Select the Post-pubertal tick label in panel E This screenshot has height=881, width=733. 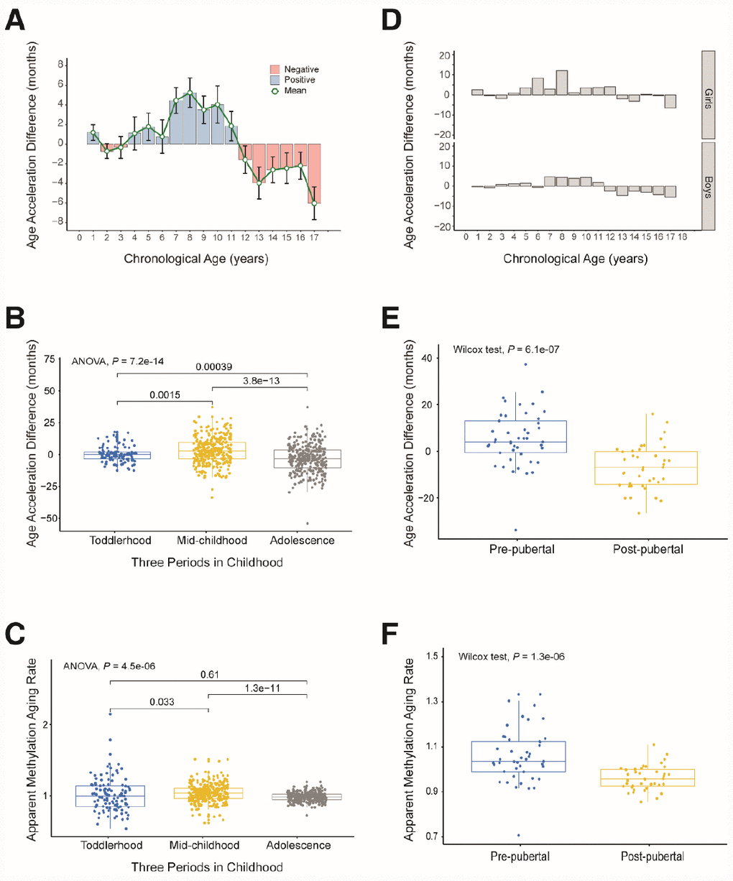(648, 550)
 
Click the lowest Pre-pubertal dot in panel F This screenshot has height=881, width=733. (518, 835)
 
